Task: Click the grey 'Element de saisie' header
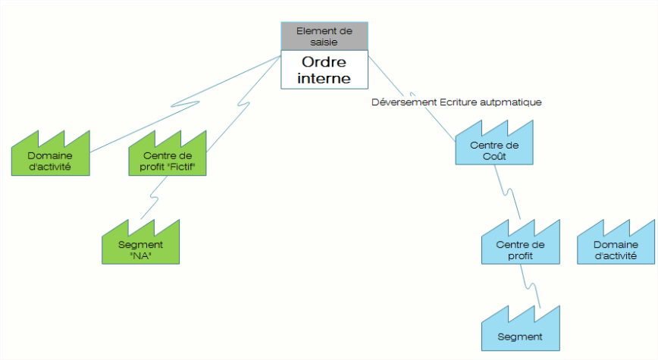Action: (324, 36)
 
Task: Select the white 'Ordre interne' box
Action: (324, 69)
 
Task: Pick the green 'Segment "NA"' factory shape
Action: (141, 249)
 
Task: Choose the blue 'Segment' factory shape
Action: (520, 335)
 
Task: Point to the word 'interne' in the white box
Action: (324, 77)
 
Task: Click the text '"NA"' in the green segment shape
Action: (141, 255)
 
